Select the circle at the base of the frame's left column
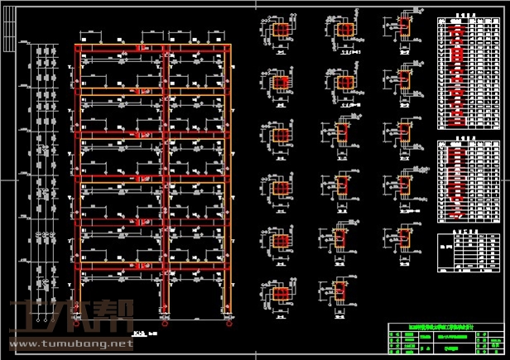click(x=80, y=320)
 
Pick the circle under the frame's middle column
click(x=166, y=320)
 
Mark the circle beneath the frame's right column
click(x=226, y=320)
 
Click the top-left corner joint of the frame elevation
click(x=79, y=46)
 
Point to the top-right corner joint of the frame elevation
click(x=227, y=46)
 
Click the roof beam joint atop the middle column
click(x=166, y=46)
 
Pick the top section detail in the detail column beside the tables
click(x=405, y=25)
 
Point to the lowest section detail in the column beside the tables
click(x=405, y=290)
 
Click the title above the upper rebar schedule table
click(x=469, y=15)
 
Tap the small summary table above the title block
click(x=469, y=245)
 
